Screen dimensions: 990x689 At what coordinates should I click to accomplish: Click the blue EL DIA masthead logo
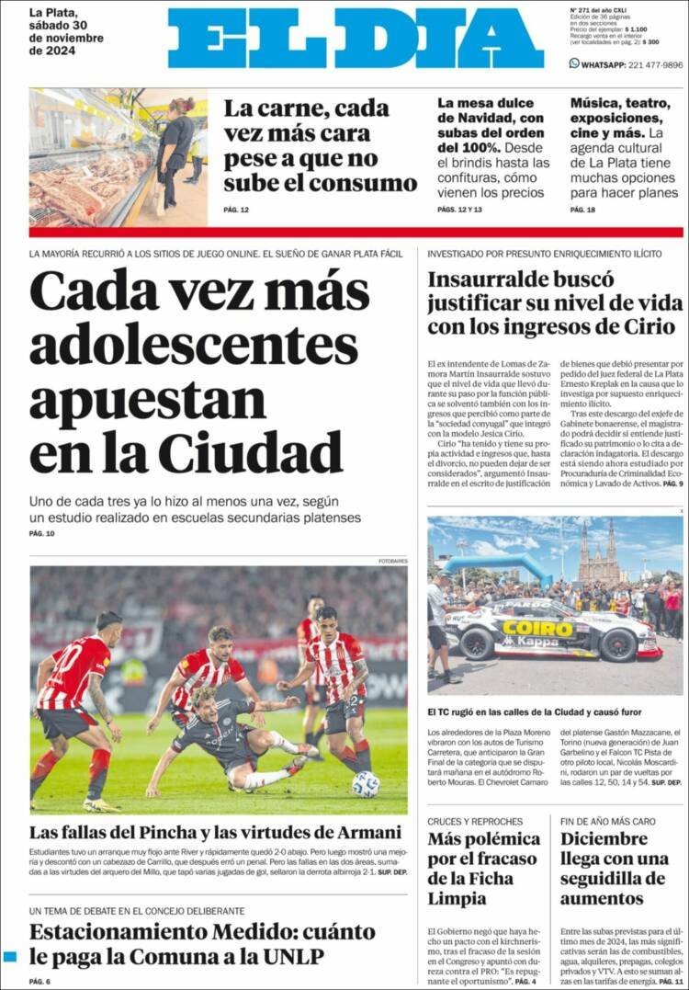tap(356, 39)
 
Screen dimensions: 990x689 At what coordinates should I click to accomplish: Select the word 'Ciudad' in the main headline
tap(250, 452)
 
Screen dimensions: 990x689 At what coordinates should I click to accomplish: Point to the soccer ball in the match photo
tap(366, 783)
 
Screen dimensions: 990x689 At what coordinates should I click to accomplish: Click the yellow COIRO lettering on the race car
tap(538, 629)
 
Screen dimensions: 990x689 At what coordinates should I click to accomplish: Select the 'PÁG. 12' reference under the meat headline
tap(236, 210)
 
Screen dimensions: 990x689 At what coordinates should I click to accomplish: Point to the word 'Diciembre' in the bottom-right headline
tap(604, 838)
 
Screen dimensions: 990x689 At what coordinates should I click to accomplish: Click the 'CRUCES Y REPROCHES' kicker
tap(475, 821)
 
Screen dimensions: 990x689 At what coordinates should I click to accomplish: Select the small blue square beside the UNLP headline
tap(10, 957)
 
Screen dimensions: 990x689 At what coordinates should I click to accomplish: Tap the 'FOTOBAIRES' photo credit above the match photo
tap(392, 561)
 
